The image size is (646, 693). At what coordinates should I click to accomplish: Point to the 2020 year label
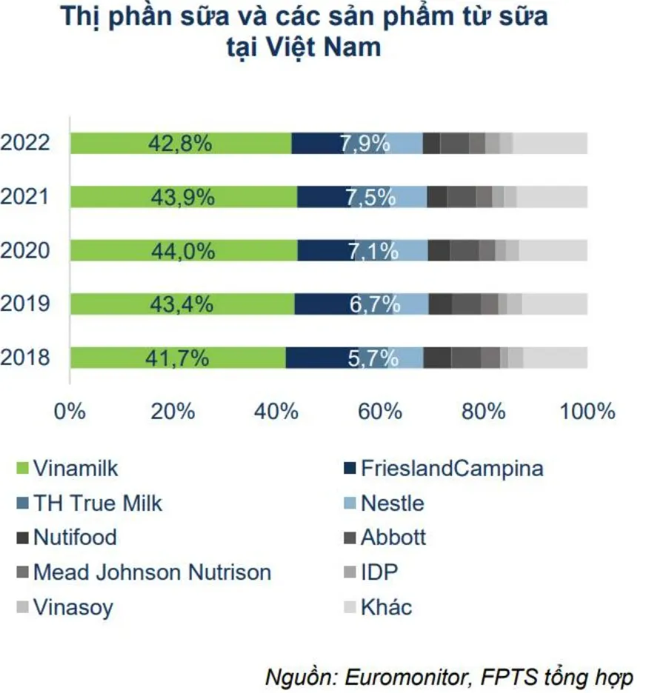(25, 250)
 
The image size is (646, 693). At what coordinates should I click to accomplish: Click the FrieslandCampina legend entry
(451, 468)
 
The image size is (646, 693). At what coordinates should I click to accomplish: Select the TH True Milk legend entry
(97, 503)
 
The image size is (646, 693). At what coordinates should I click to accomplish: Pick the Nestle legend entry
(392, 503)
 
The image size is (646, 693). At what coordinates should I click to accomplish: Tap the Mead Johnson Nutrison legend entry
(152, 572)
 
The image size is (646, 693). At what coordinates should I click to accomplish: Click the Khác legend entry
(385, 608)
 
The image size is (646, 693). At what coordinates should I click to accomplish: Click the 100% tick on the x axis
(587, 411)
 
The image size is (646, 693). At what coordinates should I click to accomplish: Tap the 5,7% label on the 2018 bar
(373, 358)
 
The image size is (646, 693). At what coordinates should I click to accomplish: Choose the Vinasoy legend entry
(73, 608)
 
